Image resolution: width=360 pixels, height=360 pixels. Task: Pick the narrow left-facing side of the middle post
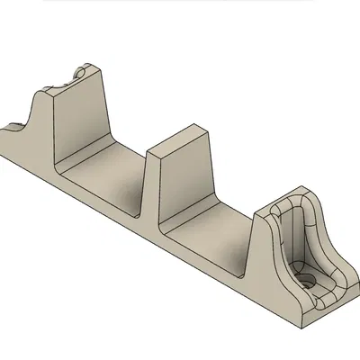point(153,184)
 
